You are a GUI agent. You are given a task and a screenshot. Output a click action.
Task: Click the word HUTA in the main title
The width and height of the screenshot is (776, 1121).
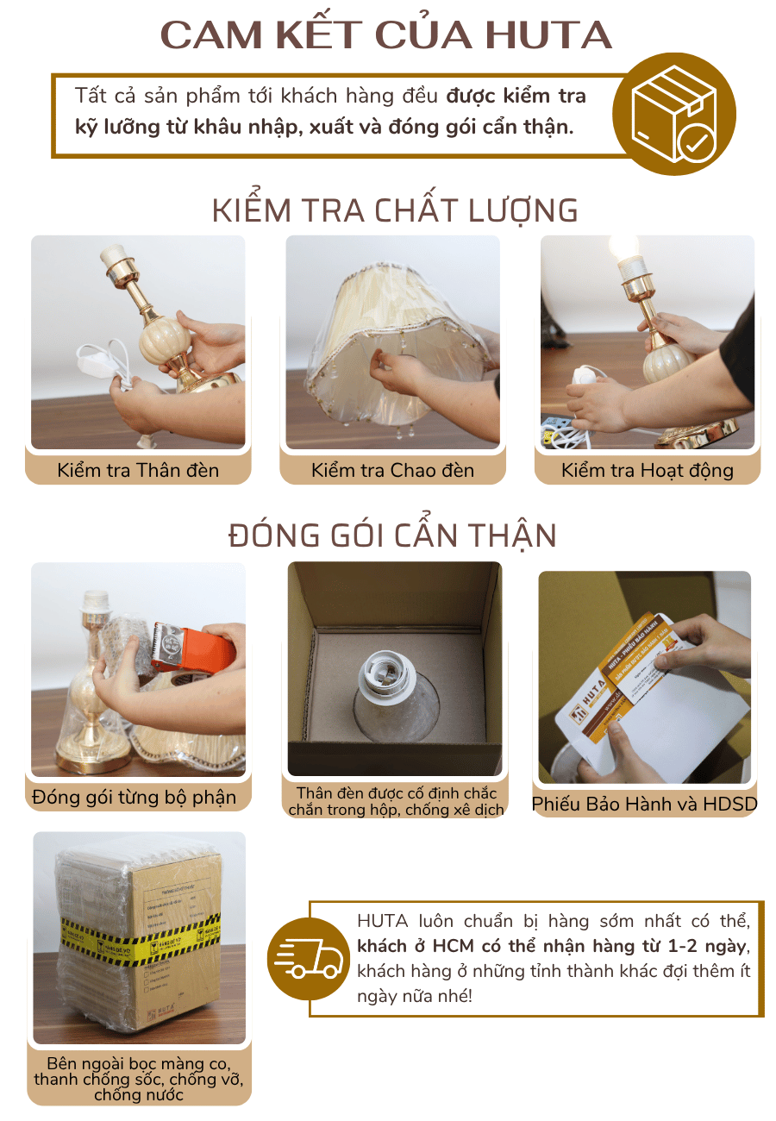click(548, 35)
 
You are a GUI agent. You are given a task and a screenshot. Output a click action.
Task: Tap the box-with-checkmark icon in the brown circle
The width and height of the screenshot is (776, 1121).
click(674, 114)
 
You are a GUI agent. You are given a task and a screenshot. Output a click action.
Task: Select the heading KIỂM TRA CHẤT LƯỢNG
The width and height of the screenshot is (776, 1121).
click(395, 211)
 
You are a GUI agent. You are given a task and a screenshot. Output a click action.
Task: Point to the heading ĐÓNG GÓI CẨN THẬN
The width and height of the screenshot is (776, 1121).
click(393, 535)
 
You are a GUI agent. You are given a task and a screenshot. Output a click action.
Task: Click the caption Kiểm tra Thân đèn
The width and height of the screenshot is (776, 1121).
click(139, 470)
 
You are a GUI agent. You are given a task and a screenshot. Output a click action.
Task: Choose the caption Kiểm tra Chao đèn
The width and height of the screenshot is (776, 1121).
click(393, 470)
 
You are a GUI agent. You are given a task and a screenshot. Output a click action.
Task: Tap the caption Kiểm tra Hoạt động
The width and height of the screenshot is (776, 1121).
click(647, 470)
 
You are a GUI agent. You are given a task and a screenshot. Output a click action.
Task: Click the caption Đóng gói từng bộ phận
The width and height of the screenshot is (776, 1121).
click(135, 797)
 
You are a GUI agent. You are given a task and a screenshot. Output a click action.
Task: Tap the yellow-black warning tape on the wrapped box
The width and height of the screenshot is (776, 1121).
click(138, 944)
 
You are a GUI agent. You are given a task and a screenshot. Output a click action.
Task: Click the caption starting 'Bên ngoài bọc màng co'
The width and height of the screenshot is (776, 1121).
click(139, 1079)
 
